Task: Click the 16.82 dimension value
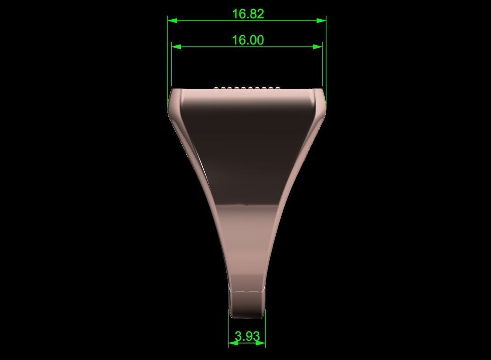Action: pyautogui.click(x=248, y=14)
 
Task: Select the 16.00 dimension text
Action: pyautogui.click(x=248, y=40)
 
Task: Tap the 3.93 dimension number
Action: pyautogui.click(x=247, y=337)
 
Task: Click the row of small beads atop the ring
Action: pyautogui.click(x=247, y=87)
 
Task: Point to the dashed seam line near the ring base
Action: pyautogui.click(x=247, y=291)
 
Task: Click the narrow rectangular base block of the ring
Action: pyautogui.click(x=247, y=304)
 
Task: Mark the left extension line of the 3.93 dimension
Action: pyautogui.click(x=229, y=328)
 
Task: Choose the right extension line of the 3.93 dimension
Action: pyautogui.click(x=265, y=328)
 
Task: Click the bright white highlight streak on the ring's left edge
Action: pyautogui.click(x=202, y=163)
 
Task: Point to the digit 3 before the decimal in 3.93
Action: pyautogui.click(x=238, y=337)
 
